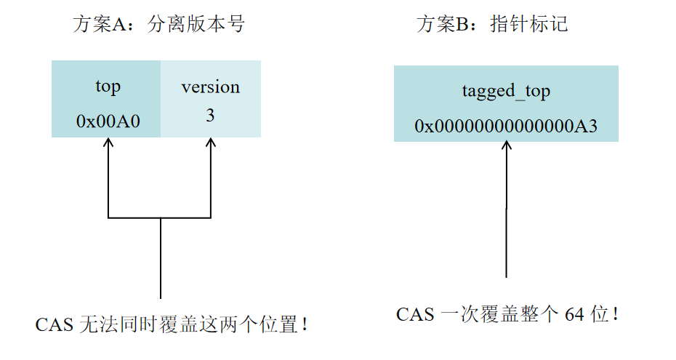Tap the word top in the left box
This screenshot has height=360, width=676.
tap(108, 87)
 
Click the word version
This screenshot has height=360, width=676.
tap(210, 87)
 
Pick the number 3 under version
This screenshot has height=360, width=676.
tap(210, 116)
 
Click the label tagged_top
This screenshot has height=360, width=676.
tap(506, 92)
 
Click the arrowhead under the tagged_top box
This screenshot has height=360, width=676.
tap(507, 146)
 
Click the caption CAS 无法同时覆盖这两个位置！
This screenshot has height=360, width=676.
tap(172, 324)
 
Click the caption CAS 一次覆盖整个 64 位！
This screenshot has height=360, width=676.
tap(507, 314)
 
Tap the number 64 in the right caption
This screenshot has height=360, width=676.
tap(574, 314)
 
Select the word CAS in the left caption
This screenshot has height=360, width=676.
tap(54, 324)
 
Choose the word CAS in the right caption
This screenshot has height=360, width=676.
tap(415, 314)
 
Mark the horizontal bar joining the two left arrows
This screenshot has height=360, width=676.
tap(160, 217)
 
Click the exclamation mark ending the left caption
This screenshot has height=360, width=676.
tap(305, 324)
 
